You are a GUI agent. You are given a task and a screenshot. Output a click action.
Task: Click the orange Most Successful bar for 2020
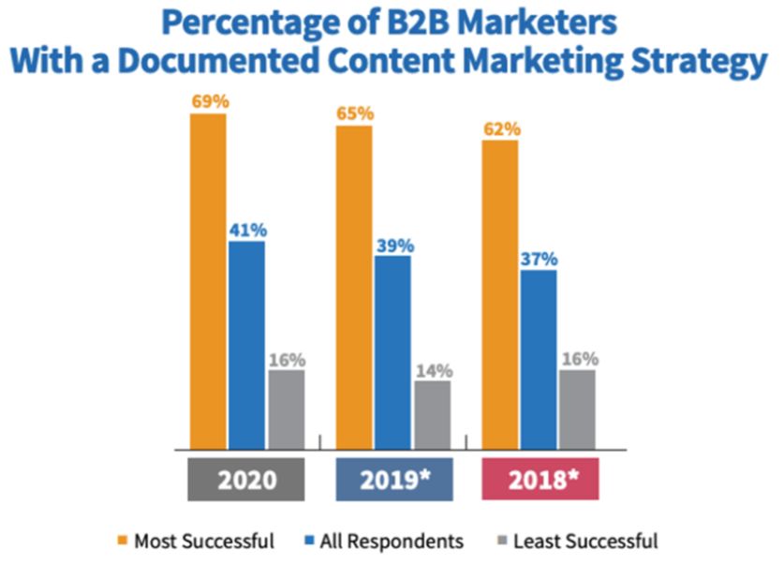(x=208, y=281)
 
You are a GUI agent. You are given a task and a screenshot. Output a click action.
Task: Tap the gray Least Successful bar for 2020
(x=287, y=409)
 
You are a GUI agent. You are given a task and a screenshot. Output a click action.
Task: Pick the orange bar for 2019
(x=354, y=287)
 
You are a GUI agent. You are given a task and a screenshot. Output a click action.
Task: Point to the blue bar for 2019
(x=392, y=351)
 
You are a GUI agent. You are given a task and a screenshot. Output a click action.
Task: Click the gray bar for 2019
(x=432, y=414)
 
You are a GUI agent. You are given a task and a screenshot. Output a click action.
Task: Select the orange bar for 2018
(x=500, y=294)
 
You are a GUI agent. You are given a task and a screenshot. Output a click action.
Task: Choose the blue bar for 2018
(x=539, y=359)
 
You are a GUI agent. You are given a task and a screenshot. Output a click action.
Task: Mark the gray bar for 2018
(x=577, y=409)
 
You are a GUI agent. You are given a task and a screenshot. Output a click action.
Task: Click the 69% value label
(x=209, y=99)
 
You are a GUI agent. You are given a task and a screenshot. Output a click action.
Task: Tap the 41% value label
(x=247, y=229)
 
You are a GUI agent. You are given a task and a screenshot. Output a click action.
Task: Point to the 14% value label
(x=432, y=368)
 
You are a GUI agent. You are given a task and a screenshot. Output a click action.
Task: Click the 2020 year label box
(x=247, y=480)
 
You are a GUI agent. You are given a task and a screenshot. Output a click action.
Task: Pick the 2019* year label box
(x=393, y=480)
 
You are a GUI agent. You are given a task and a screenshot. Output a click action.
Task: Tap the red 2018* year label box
(x=540, y=480)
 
